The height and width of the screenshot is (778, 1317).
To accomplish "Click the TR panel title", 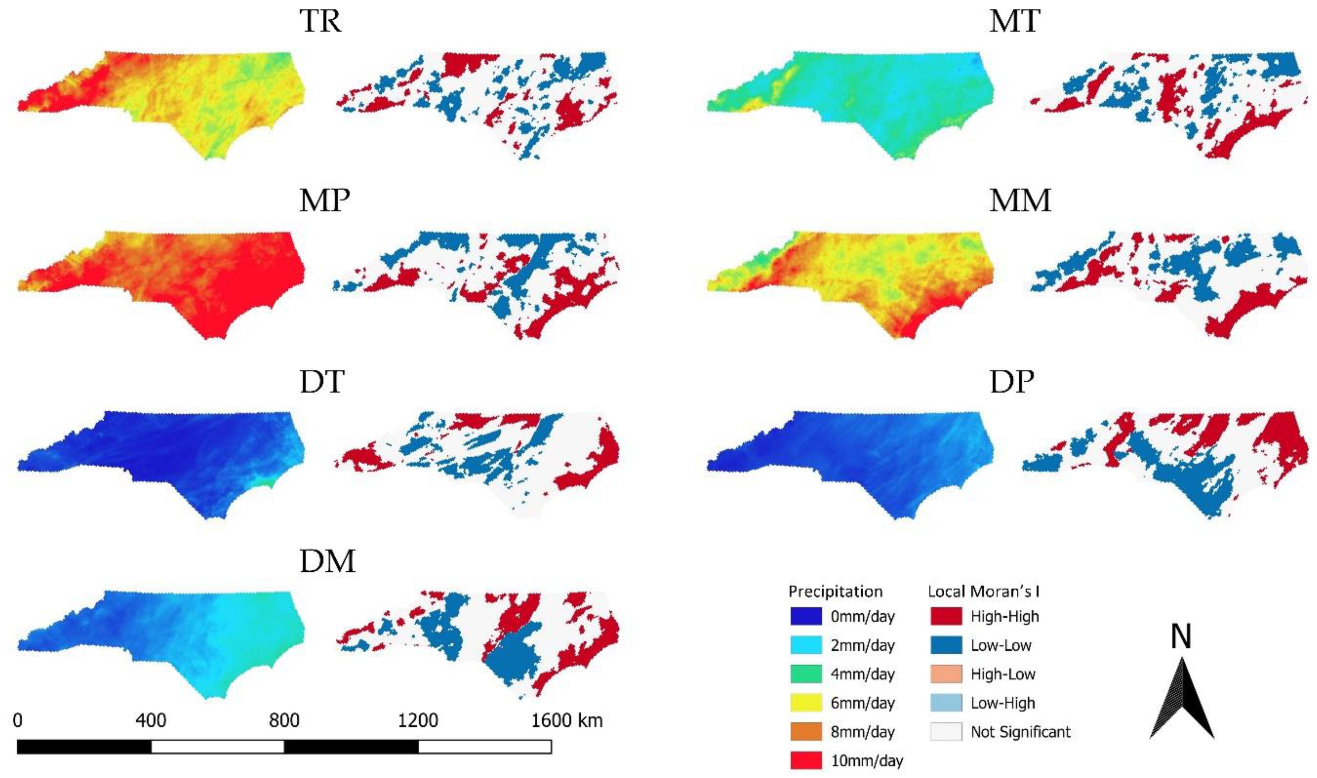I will pos(321,22).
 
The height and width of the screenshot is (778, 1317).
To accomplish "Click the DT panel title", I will pos(322,382).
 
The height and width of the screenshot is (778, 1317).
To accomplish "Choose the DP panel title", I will pos(1011,382).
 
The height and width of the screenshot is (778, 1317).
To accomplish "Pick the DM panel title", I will pos(327,561).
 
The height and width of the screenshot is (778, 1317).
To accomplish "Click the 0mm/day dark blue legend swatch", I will pos(806,617).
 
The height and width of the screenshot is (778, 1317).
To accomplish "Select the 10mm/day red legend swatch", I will pos(806,761).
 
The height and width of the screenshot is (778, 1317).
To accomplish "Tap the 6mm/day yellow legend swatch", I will pos(806,703).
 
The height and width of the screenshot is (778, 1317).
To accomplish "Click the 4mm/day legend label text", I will pos(863,674).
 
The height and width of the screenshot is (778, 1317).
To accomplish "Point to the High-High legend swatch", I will pos(946,617).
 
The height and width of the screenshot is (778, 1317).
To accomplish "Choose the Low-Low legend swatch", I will pos(946,645).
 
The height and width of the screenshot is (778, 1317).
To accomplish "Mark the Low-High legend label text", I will pos(1002,703).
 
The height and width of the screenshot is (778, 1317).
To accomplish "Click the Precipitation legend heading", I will pos(835,591).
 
